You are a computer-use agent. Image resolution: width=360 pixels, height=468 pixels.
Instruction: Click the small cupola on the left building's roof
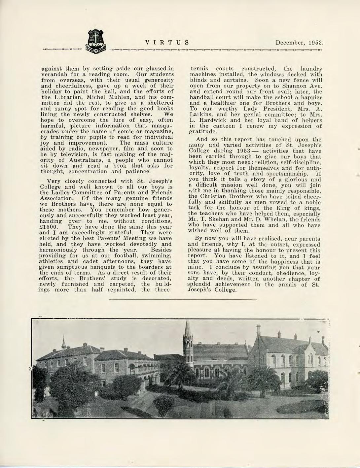[63, 344]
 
